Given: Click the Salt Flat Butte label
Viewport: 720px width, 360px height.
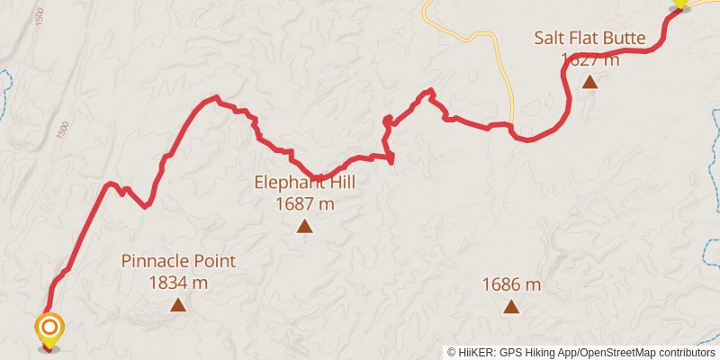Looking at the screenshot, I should (x=589, y=38).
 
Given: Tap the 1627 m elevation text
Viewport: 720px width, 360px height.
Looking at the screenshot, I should (x=589, y=59).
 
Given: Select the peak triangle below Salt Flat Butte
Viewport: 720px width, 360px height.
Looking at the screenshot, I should (x=589, y=83).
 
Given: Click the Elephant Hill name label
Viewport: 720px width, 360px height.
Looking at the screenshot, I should (x=304, y=183).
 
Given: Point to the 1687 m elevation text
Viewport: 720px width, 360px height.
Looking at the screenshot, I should (x=304, y=204).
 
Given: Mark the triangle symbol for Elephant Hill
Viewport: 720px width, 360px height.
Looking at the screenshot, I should (x=304, y=227).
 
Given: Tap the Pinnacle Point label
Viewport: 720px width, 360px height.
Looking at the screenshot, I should (x=178, y=261).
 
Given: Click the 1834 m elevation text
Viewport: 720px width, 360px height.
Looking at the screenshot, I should (x=178, y=283).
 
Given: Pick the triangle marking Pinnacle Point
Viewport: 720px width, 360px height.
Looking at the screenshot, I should (x=178, y=306).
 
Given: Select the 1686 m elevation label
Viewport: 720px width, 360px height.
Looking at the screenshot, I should (x=511, y=285).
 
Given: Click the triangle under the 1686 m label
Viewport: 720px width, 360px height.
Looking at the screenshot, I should (x=511, y=307).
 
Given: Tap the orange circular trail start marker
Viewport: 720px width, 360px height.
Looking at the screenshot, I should (x=49, y=327).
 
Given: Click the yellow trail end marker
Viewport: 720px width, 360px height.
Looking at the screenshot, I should (x=680, y=4).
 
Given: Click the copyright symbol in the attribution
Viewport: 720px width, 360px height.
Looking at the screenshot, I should (x=453, y=353).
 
